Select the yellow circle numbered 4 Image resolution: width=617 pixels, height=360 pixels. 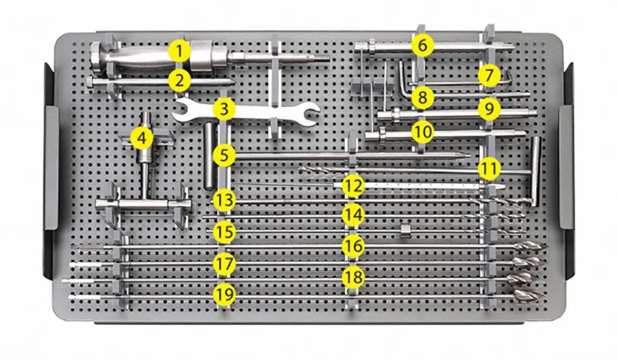[143, 138]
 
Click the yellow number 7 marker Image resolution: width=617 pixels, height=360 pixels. [489, 75]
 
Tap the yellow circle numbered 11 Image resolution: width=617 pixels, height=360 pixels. [489, 167]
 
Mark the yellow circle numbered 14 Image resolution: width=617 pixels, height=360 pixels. [354, 215]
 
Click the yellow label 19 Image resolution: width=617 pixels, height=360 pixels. [225, 294]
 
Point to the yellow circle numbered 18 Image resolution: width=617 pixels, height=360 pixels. [354, 276]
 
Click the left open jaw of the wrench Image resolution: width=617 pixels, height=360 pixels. [181, 111]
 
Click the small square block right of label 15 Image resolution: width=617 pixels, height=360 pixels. [405, 230]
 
